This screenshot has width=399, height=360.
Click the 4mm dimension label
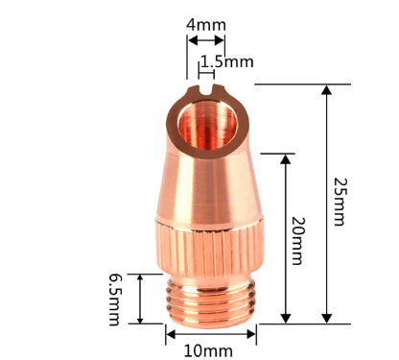pyautogui.click(x=206, y=25)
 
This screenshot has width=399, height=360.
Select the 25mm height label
pyautogui.click(x=340, y=202)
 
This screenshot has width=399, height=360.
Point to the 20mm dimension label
pyautogui.click(x=297, y=241)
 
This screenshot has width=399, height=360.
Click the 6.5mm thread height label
pyautogui.click(x=114, y=300)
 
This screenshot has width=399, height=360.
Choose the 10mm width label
pyautogui.click(x=208, y=351)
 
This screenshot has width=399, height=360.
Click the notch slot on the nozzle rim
pyautogui.click(x=206, y=90)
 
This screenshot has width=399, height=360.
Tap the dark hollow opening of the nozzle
pyautogui.click(x=207, y=125)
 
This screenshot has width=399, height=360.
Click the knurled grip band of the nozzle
pyautogui.click(x=210, y=248)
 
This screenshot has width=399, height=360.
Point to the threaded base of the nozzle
pyautogui.click(x=211, y=301)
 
